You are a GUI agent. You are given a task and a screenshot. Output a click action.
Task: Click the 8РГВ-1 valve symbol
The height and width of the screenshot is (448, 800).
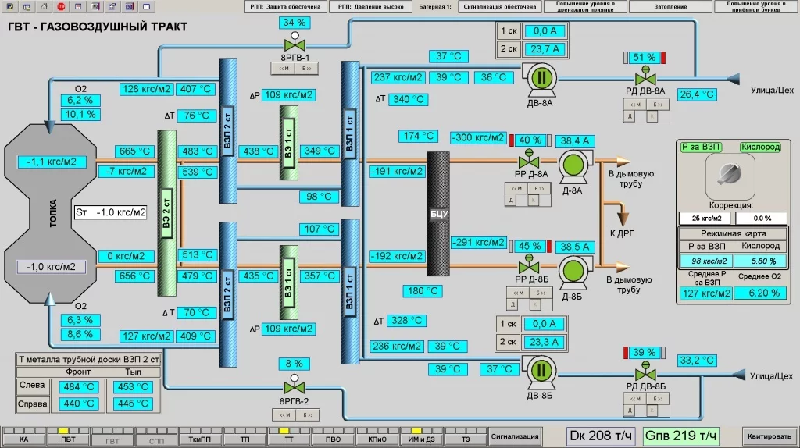pos(295,44)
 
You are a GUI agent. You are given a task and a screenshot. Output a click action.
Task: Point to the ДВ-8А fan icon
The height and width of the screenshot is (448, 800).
pos(540,77)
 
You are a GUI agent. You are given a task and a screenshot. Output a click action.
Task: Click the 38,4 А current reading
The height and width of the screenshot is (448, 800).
pos(576,140)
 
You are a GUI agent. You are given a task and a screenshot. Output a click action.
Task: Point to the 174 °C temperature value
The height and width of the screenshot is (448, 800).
pos(418,136)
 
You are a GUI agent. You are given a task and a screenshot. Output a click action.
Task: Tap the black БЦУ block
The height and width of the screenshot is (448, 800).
pos(437,212)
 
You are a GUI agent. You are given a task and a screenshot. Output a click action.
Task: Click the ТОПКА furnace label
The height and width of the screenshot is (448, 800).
pos(53,212)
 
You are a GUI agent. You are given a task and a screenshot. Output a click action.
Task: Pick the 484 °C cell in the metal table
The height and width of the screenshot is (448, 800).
pos(80,387)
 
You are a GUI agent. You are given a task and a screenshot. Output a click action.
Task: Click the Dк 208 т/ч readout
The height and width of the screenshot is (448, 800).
pos(601,436)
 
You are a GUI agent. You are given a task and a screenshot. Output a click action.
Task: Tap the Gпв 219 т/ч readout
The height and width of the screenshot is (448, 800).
pos(680,436)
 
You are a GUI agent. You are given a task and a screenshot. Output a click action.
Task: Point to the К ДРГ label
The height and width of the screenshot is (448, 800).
pos(622,233)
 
